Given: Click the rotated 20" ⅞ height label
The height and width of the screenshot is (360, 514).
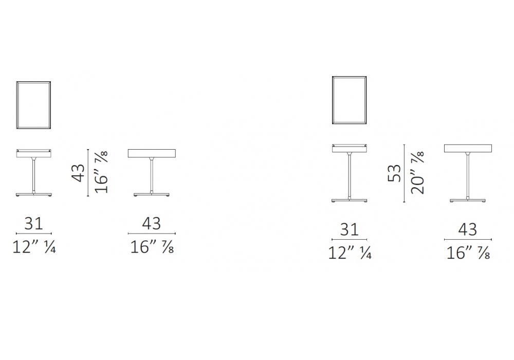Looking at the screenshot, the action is pos(417,172).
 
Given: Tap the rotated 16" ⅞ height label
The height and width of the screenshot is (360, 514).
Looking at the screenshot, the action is pos(101,172).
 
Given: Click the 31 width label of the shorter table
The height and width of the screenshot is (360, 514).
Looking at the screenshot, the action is pos(34,224).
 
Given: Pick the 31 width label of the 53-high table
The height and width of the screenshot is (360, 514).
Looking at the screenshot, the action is pos(350,229).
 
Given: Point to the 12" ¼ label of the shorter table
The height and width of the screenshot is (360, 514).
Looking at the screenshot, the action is pos(34,247).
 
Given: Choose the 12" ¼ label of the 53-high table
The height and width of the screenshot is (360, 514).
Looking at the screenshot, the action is pos(350,253).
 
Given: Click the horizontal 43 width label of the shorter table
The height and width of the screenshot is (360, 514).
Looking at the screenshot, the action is pos(152,224).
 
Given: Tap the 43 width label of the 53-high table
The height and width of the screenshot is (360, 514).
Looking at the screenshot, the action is pos(468,229).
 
